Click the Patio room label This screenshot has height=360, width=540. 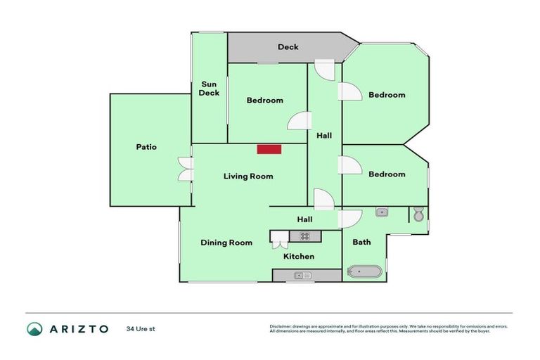click(x=146, y=147)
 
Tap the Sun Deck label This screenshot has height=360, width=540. click(x=209, y=89)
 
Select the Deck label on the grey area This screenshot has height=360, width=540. click(x=288, y=47)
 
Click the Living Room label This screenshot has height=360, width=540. click(x=248, y=176)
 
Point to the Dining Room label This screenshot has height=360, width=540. click(x=226, y=243)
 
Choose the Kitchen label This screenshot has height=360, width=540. click(x=299, y=256)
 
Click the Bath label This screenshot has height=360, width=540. click(x=361, y=242)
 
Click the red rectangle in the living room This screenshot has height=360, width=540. click(x=269, y=149)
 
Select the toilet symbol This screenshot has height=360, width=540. click(x=418, y=214)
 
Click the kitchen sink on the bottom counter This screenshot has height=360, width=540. click(x=304, y=276)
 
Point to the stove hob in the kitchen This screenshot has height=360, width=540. click(x=304, y=236)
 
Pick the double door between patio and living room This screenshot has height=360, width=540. click(x=185, y=169)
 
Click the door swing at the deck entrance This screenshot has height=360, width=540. click(x=324, y=70)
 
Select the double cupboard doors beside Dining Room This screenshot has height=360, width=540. click(x=279, y=243)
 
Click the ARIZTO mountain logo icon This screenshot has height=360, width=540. click(x=34, y=328)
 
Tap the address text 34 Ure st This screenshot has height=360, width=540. click(x=140, y=328)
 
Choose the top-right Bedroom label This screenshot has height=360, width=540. click(x=387, y=95)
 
